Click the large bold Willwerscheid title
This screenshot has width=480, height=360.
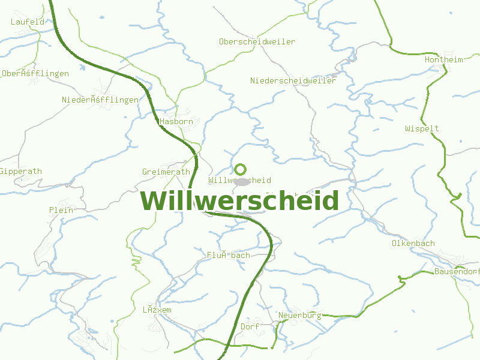(x=239, y=201)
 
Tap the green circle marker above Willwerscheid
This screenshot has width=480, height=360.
(x=240, y=169)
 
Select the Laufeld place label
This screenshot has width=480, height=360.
(x=28, y=22)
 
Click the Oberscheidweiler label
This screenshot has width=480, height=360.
(x=257, y=41)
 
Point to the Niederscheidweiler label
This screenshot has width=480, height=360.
(x=293, y=80)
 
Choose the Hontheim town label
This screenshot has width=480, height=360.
(x=443, y=59)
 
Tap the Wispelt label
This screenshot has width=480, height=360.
(x=422, y=128)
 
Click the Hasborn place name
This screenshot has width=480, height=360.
(x=176, y=121)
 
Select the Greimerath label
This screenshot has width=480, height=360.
(x=166, y=172)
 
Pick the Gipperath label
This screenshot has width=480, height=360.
(x=21, y=171)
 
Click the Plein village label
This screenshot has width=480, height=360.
(x=61, y=210)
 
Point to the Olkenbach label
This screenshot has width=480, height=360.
(x=413, y=243)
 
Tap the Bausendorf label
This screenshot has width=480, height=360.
(x=457, y=271)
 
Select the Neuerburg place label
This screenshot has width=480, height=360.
(x=299, y=315)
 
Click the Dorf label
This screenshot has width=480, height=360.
(x=249, y=326)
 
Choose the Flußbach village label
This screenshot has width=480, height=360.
(x=228, y=255)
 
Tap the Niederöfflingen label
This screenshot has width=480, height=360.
(x=100, y=100)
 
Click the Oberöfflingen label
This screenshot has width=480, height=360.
(x=35, y=73)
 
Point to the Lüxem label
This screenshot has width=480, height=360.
(x=157, y=310)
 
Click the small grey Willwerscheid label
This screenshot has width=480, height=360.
(x=239, y=180)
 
